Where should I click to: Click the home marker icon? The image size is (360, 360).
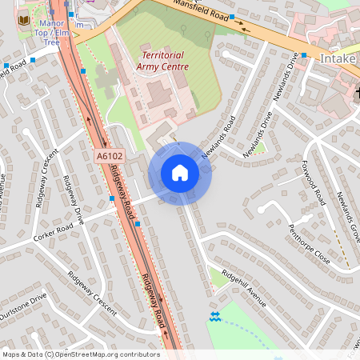[x=179, y=173]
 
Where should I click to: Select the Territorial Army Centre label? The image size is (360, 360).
[x=164, y=61]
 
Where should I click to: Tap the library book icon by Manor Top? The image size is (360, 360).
[x=24, y=18]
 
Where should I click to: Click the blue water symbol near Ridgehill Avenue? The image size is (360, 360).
[x=214, y=317]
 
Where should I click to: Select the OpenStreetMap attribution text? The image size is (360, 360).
[x=80, y=354]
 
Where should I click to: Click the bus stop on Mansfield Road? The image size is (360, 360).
[x=231, y=17]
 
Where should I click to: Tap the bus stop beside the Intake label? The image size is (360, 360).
[x=303, y=55]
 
